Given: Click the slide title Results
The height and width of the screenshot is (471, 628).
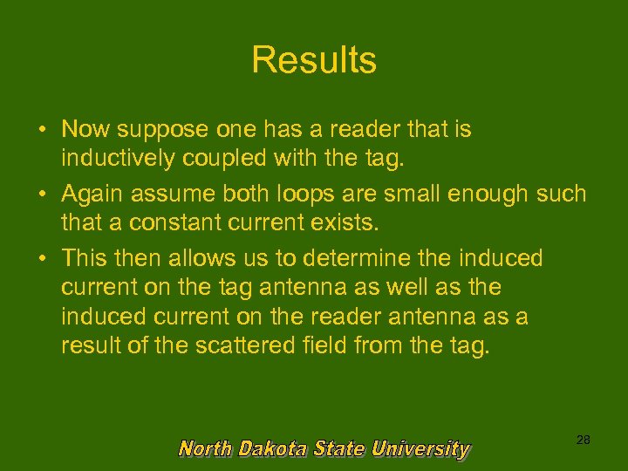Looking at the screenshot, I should point(314,60).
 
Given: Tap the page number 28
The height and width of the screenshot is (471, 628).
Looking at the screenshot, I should point(584,440).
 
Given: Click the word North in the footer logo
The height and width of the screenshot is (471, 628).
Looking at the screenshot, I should point(206,449).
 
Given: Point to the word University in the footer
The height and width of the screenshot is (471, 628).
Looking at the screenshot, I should point(420,449).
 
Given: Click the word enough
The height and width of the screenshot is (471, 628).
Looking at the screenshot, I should point(486,194).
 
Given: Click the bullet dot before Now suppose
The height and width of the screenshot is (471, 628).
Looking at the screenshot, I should point(42,131).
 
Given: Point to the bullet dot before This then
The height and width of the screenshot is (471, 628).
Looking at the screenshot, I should point(42,259).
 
